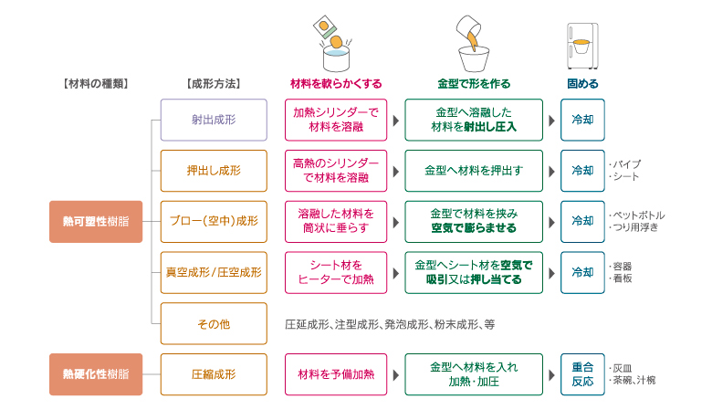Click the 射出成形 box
point(214,120)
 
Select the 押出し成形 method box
point(214,171)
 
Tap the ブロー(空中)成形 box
point(214,221)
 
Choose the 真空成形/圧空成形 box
point(214,272)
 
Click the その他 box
point(214,323)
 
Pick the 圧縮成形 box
point(214,374)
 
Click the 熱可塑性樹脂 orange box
point(96,221)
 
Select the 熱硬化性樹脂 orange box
point(96,374)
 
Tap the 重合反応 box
point(581,374)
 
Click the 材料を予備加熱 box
point(336,374)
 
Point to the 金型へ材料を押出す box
point(474,171)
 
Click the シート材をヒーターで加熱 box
point(336,272)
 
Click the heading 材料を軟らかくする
point(335,84)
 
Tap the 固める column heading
point(582,84)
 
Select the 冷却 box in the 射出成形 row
point(581,120)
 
